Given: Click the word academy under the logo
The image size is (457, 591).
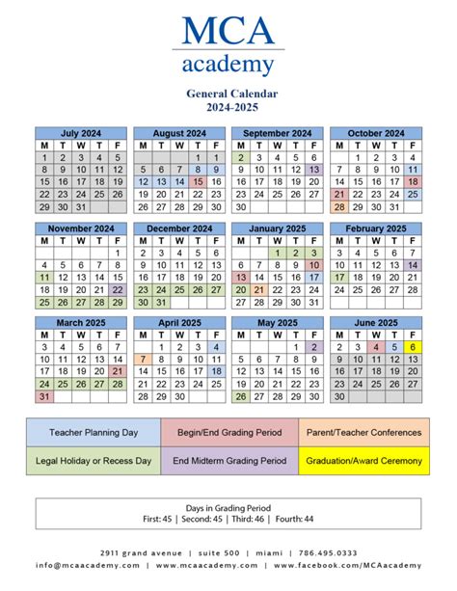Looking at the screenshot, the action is (x=228, y=65).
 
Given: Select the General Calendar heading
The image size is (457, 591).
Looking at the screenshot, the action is (x=228, y=94).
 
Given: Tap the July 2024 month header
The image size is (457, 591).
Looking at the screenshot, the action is (x=80, y=133).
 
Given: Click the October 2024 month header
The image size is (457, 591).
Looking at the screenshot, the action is (x=375, y=133).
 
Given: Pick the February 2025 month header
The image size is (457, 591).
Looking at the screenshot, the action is (x=375, y=228).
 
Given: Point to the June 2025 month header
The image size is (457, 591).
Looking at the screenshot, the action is (x=375, y=323).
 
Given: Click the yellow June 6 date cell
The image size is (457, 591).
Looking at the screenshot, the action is (x=412, y=346).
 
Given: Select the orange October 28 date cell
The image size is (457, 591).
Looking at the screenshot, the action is (x=338, y=206).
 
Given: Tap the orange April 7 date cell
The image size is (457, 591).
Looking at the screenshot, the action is (x=143, y=359).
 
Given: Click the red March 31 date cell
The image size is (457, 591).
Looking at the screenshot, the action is (x=43, y=395).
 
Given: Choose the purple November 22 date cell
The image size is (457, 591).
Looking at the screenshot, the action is (x=118, y=288).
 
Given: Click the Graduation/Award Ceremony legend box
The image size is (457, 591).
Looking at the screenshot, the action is (x=364, y=461).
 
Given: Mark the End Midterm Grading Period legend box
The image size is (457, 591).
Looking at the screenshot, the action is (x=228, y=461).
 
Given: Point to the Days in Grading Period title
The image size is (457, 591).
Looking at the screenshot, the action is (x=228, y=507).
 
